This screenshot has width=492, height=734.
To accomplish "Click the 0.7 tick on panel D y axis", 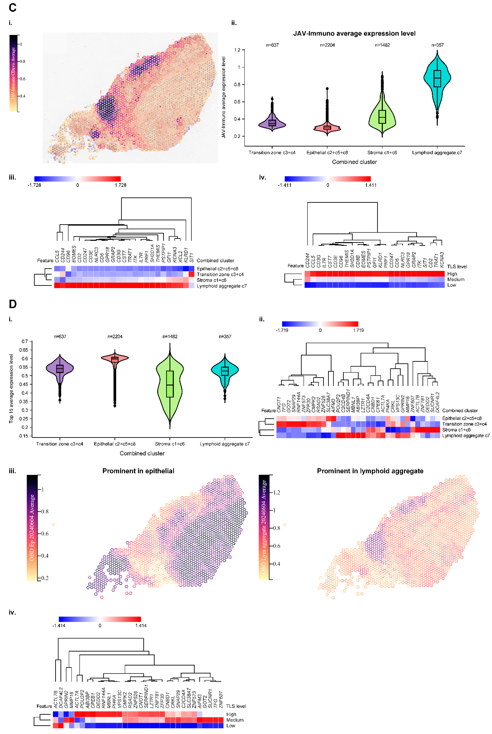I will (x=25, y=341).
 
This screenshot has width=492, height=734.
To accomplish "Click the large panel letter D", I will (x=13, y=304).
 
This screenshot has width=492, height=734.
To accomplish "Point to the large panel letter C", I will (x=13, y=7).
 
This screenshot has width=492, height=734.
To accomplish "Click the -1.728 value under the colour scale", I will (x=34, y=185).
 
